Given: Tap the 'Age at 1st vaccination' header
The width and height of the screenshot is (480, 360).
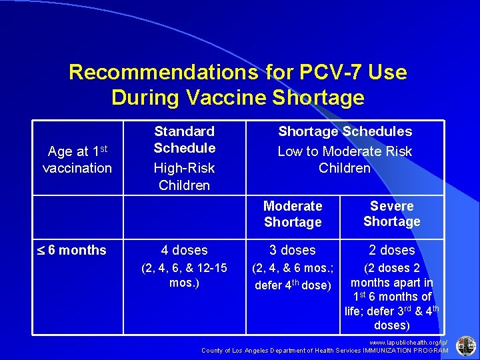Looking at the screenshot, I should (77, 160).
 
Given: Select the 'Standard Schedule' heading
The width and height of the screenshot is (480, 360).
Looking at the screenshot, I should (185, 139).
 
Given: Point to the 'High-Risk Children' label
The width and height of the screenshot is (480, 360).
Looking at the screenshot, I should (185, 177).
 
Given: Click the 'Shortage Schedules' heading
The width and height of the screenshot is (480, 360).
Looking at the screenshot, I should (345, 132).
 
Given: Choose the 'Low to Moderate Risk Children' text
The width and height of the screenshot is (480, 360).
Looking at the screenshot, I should (345, 160).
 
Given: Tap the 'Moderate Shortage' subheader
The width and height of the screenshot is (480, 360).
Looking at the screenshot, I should (293, 214).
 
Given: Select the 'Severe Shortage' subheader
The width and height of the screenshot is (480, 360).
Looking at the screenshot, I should (392, 214).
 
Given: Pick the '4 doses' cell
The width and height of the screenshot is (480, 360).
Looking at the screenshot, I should (185, 251).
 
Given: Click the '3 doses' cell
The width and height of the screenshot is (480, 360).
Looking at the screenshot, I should (293, 251).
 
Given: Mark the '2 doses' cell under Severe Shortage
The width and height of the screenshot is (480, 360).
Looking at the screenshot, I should (392, 251).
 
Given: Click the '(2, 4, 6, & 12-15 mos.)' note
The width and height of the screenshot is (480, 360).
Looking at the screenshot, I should (185, 275).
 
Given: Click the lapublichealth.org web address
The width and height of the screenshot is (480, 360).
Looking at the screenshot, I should (414, 341).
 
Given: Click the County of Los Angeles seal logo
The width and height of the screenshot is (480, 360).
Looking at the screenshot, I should (465, 345).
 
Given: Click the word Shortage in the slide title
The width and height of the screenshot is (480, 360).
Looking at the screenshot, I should (319, 97).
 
